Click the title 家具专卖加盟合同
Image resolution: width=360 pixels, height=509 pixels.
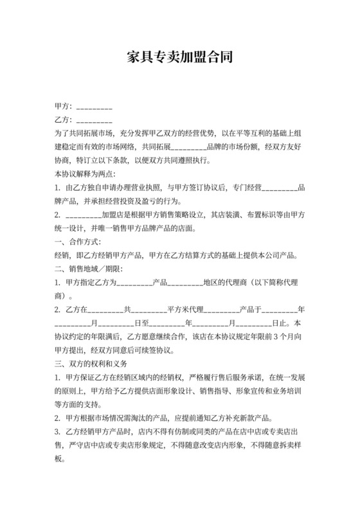179,58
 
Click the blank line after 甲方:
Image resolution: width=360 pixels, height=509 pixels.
94,105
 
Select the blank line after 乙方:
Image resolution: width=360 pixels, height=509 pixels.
94,120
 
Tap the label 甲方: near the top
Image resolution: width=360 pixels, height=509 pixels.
64,105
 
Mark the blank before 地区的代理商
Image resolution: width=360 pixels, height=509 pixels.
185,282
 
